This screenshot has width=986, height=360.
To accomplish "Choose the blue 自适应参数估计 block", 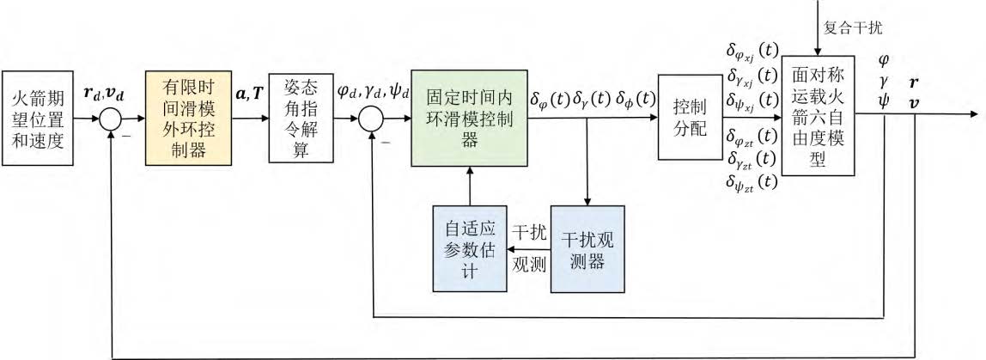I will (469, 247).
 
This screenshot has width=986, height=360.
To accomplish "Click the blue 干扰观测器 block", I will (586, 248).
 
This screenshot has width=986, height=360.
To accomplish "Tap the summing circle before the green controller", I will (372, 117).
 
